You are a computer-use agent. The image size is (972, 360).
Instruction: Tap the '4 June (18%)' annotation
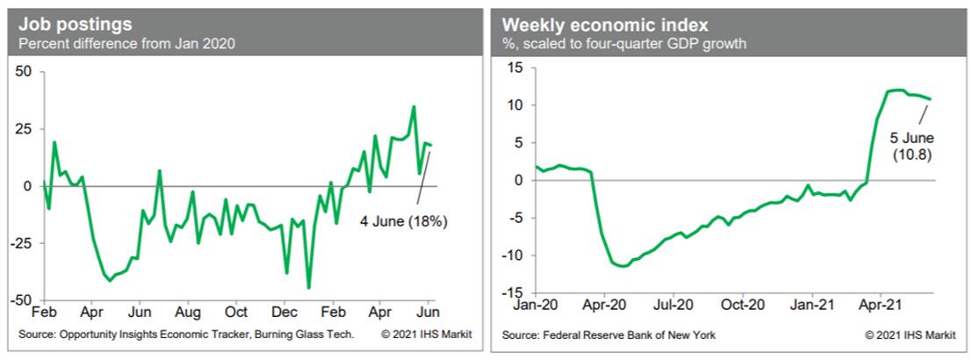(403, 222)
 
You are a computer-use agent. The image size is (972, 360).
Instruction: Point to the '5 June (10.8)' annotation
(911, 147)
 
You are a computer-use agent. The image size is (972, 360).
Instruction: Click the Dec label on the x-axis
(284, 312)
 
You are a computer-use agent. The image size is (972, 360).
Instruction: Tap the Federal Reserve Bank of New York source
(609, 335)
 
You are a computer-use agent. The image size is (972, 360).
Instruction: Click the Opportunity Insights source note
(186, 335)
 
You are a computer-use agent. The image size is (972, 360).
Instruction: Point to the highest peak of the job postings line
(414, 107)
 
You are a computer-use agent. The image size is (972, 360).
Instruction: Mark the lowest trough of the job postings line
(308, 287)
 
